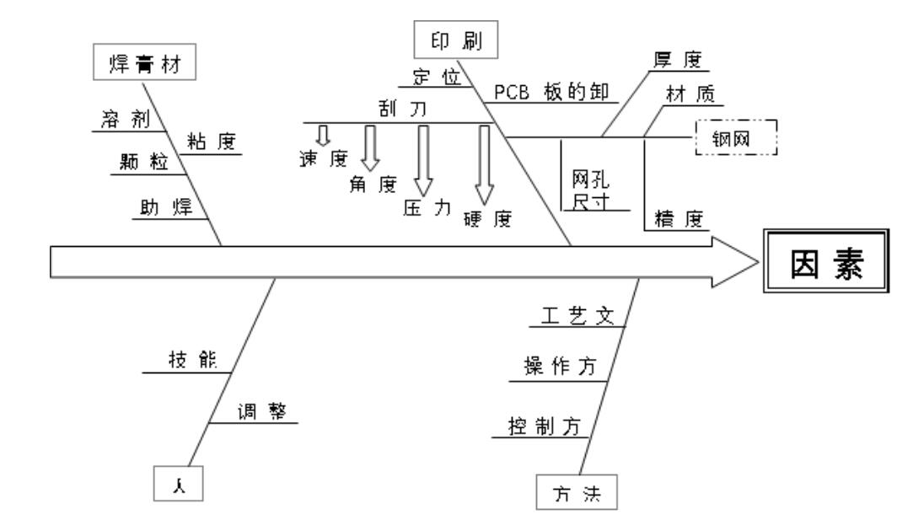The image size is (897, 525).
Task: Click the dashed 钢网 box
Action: [736, 137]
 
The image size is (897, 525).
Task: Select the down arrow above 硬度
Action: [484, 160]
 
